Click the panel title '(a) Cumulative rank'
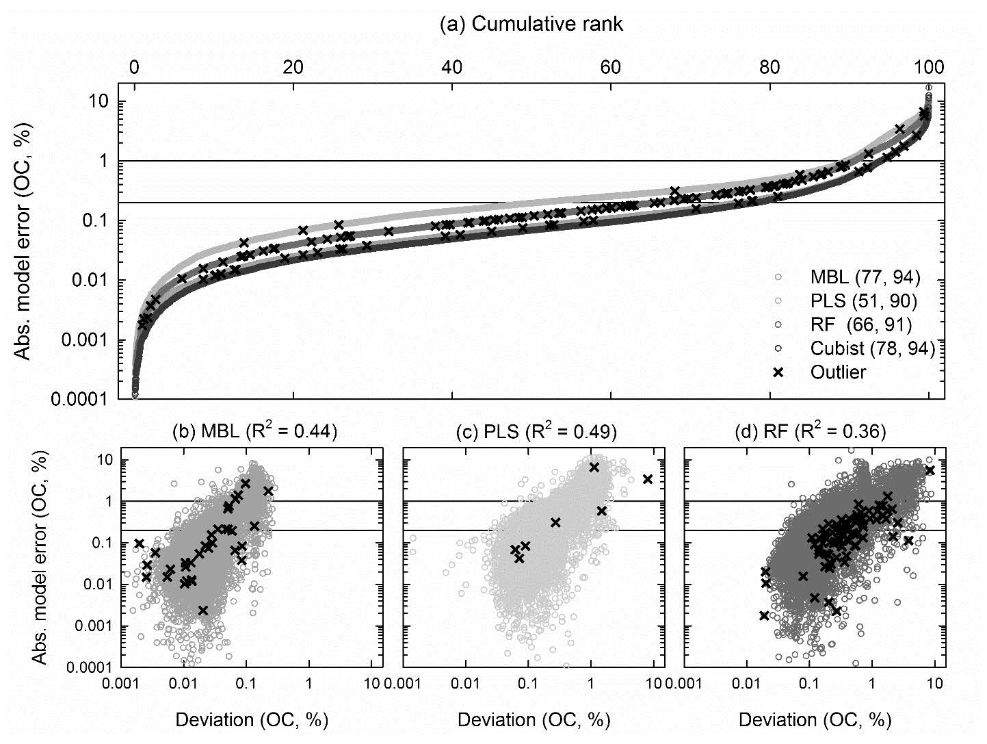531,25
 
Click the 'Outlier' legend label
838,372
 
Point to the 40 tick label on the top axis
451,67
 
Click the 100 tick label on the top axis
929,67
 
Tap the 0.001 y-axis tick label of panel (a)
85,340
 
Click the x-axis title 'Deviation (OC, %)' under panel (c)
534,719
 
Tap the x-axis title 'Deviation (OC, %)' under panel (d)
815,719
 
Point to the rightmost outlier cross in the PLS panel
648,479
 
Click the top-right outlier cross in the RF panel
929,470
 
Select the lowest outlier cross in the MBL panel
202,610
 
